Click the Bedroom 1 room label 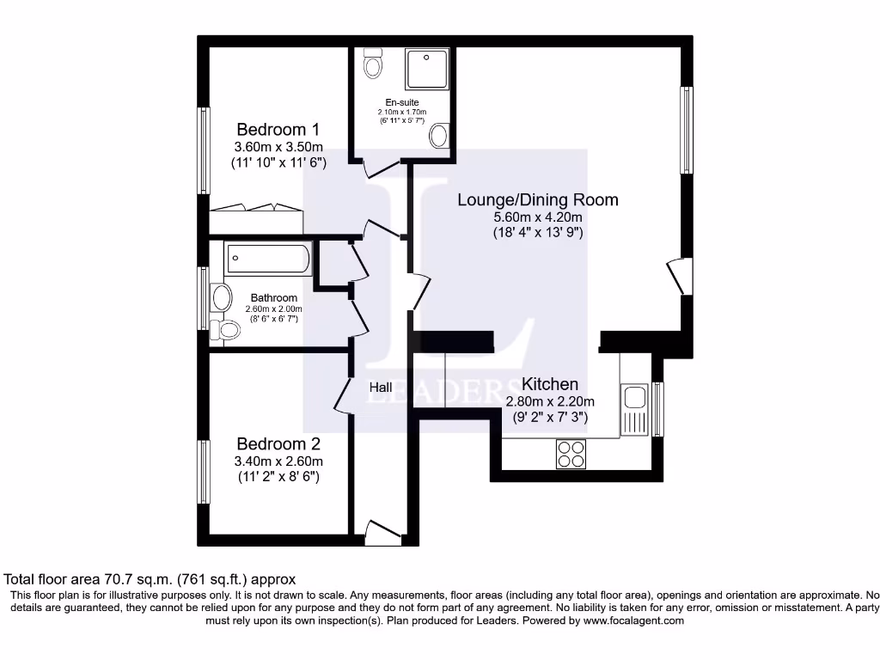[x=278, y=130]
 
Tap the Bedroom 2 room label [x=278, y=444]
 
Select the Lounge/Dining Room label [x=537, y=200]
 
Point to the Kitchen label [x=550, y=384]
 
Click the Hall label [x=381, y=388]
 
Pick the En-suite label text [x=401, y=102]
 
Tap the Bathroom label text [x=273, y=298]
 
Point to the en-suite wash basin [x=439, y=135]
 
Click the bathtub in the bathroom [x=267, y=259]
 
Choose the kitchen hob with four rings [x=571, y=453]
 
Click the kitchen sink [x=635, y=397]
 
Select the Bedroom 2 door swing [x=342, y=396]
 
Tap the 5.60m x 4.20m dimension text [x=537, y=217]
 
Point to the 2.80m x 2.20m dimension [x=550, y=400]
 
